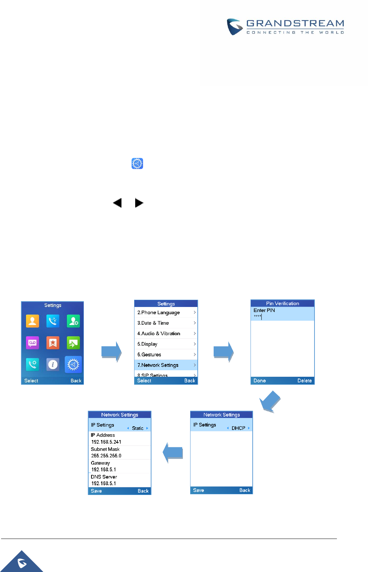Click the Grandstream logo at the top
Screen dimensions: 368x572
pos(285,27)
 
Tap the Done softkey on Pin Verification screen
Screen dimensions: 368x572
pos(260,381)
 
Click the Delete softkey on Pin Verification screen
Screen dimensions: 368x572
pos(304,381)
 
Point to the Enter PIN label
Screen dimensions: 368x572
pos(264,310)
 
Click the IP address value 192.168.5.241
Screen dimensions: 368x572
pos(106,442)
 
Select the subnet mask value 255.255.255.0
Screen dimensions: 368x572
pos(106,456)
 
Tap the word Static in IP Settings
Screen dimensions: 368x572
pos(138,428)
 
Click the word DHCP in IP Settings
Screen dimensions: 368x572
pos(238,428)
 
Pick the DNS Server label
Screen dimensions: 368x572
pos(104,477)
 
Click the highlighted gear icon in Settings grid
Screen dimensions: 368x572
pos(73,364)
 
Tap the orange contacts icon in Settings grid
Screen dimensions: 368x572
pos(33,321)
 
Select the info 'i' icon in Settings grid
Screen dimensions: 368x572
pos(53,364)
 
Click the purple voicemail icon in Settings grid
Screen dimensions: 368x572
pos(33,343)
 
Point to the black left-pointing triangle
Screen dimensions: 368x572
pos(117,203)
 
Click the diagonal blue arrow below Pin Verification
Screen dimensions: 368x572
pos(270,401)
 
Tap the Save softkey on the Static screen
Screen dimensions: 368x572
pos(96,491)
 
